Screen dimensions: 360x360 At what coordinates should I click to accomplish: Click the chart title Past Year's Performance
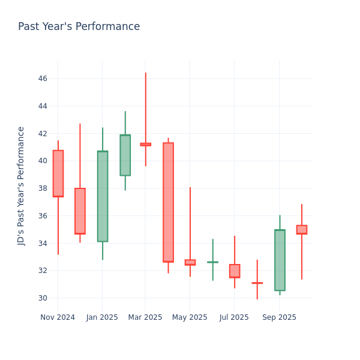click(x=79, y=27)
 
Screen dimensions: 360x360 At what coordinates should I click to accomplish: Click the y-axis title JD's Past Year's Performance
click(x=22, y=185)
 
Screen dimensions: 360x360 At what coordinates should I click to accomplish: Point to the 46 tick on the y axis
click(x=43, y=79)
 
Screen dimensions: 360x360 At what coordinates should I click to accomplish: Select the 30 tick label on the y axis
click(x=43, y=298)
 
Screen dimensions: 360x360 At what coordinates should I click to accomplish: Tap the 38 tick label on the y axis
click(x=43, y=188)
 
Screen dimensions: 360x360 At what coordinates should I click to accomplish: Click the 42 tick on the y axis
click(x=43, y=133)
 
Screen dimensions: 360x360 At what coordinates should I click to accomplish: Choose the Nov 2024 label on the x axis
click(x=58, y=317)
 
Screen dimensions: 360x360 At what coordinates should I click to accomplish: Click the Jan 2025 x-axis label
click(x=102, y=317)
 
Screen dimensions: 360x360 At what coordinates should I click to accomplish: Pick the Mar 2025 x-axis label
click(x=145, y=317)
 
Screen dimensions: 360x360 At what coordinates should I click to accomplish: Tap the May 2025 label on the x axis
click(x=190, y=317)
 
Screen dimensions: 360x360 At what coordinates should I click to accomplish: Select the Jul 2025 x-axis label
click(x=234, y=317)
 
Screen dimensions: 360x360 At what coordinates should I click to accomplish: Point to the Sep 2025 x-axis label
click(x=279, y=317)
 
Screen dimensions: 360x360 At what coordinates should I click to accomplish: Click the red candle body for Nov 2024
click(x=58, y=173)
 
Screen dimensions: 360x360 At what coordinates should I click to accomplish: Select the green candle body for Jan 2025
click(x=103, y=196)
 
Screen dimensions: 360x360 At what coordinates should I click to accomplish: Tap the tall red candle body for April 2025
click(x=168, y=202)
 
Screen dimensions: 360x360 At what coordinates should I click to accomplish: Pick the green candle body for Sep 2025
click(x=280, y=260)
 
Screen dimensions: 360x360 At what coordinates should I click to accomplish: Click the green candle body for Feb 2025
click(x=125, y=155)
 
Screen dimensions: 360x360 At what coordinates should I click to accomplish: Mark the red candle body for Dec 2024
click(x=80, y=211)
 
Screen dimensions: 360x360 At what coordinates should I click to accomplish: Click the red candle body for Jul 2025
click(x=235, y=271)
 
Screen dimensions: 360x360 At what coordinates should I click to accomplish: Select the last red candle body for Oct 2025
click(x=302, y=230)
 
